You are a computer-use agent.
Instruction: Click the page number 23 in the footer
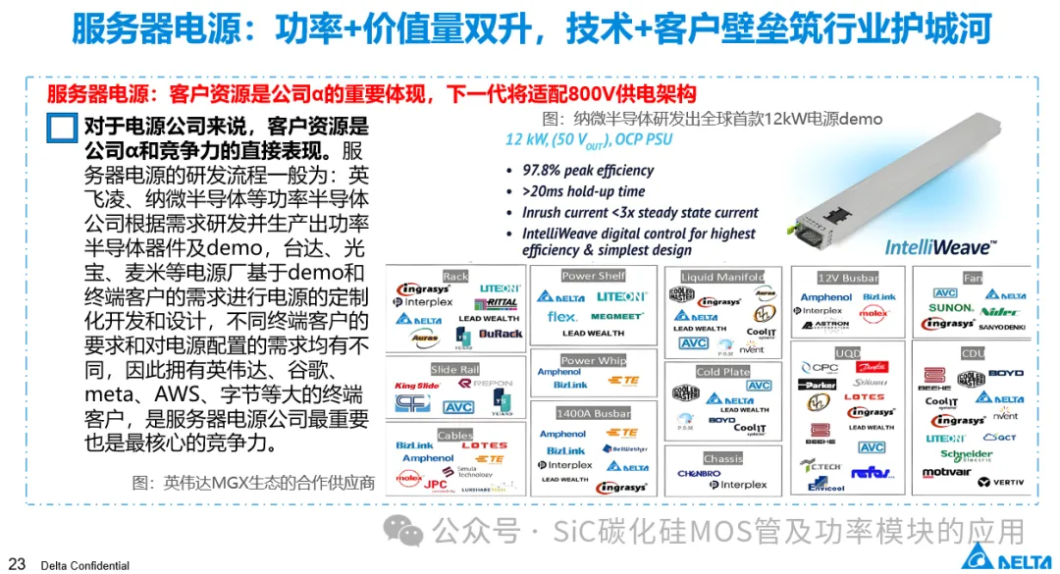coord(17,564)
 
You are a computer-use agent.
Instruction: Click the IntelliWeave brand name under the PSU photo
coord(938,247)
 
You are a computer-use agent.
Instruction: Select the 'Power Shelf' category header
coord(593,276)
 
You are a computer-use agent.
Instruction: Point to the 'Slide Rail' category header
coord(455,370)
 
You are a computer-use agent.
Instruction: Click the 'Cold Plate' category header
coord(722,372)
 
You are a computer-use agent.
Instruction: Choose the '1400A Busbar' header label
coord(595,414)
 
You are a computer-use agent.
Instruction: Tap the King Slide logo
coord(417,387)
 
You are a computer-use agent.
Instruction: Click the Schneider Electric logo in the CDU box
coord(966,455)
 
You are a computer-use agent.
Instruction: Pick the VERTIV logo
coord(1001,482)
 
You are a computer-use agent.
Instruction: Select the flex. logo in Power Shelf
coord(562,317)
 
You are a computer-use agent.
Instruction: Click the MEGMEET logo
coord(618,317)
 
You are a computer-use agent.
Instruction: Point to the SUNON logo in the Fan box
coord(950,308)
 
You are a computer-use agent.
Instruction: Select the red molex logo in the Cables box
coord(409,478)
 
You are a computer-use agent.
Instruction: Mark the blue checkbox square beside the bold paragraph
coord(62,130)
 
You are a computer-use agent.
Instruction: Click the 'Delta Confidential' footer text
coord(84,565)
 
